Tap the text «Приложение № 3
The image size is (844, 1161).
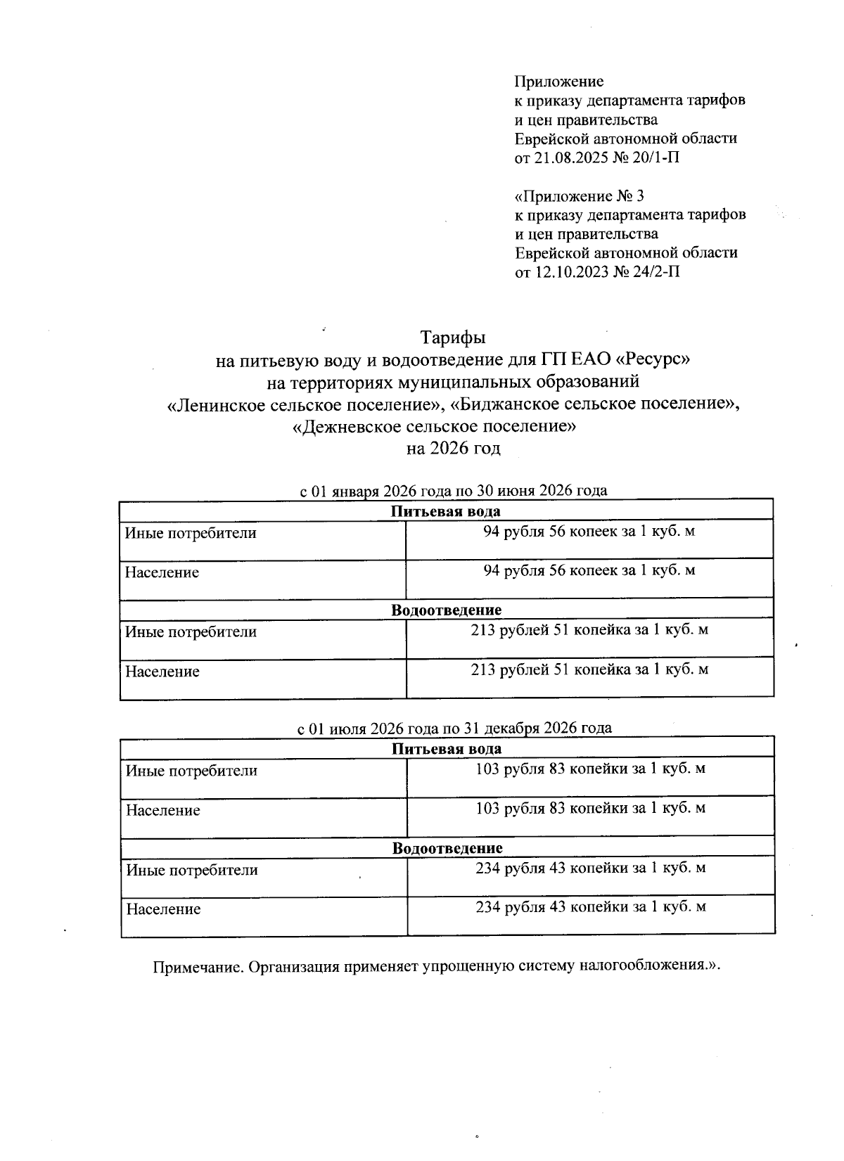pyautogui.click(x=580, y=195)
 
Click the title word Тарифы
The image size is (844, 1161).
pyautogui.click(x=453, y=338)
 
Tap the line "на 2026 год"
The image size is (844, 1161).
pyautogui.click(x=453, y=448)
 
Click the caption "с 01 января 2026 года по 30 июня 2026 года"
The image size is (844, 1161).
pyautogui.click(x=454, y=491)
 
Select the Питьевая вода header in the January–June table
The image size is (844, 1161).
pyautogui.click(x=446, y=511)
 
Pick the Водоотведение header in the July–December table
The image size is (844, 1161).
pyautogui.click(x=447, y=848)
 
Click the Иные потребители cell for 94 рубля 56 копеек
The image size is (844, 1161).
pyautogui.click(x=191, y=533)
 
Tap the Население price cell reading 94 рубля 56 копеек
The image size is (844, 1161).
pyautogui.click(x=589, y=570)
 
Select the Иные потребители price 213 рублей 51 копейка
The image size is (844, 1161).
pyautogui.click(x=589, y=630)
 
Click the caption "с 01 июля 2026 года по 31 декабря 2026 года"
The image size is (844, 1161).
pyautogui.click(x=454, y=728)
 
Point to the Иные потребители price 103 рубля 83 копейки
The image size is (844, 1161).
pyautogui.click(x=590, y=769)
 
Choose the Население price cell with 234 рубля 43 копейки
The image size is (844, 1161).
pyautogui.click(x=590, y=907)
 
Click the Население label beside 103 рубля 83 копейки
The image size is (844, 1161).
pyautogui.click(x=163, y=811)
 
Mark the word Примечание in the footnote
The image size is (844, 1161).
pyautogui.click(x=198, y=966)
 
